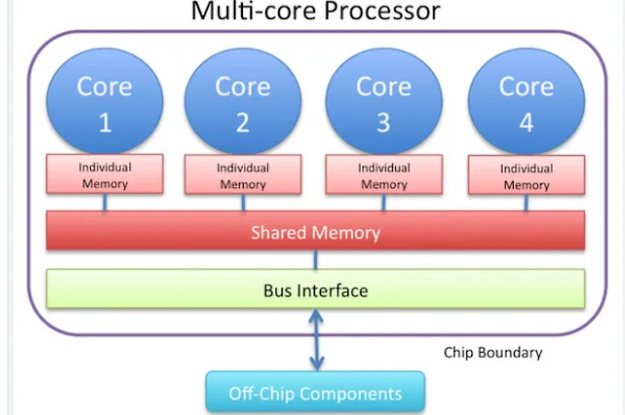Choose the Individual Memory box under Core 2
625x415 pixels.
point(242,176)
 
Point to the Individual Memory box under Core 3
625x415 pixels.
point(384,175)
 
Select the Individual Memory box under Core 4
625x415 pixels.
point(526,176)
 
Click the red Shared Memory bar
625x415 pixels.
point(315,232)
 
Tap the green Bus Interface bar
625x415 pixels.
point(315,290)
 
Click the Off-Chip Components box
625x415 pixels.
point(315,393)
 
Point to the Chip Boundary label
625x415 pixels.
point(492,353)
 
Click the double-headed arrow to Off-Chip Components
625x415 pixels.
point(316,339)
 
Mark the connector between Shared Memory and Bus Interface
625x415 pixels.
point(315,260)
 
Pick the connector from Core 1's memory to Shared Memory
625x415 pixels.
point(105,202)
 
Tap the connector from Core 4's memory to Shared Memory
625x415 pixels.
point(526,202)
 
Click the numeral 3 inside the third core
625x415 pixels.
point(384,123)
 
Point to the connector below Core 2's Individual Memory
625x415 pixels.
point(242,202)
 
